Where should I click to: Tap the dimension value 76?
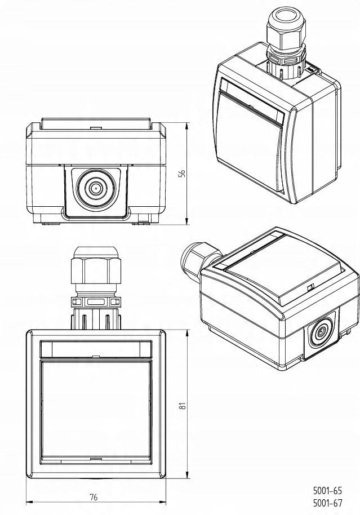coord(94,497)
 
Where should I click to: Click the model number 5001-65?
coord(327,491)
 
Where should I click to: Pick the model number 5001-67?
coord(327,503)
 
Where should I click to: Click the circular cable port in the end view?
coord(96,188)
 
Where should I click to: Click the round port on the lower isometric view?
coord(319,334)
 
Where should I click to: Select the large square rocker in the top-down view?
coord(96,410)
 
